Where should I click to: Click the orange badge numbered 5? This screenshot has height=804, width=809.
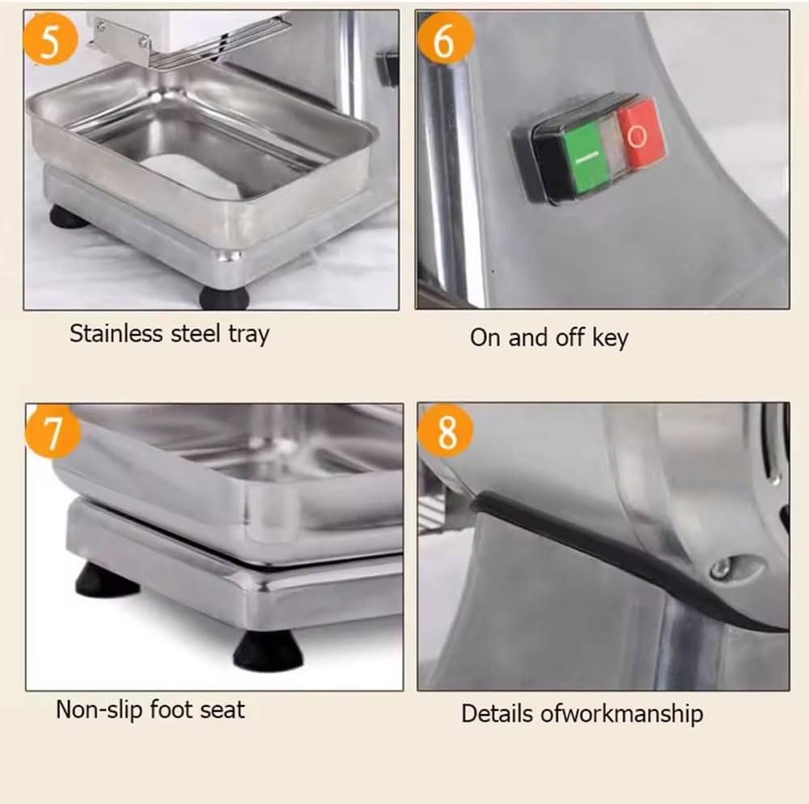49,40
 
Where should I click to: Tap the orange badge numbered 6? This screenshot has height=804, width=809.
444,40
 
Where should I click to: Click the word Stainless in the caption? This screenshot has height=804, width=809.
116,333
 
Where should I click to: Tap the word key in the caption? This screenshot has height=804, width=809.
609,337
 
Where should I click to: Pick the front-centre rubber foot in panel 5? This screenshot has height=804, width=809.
223,297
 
